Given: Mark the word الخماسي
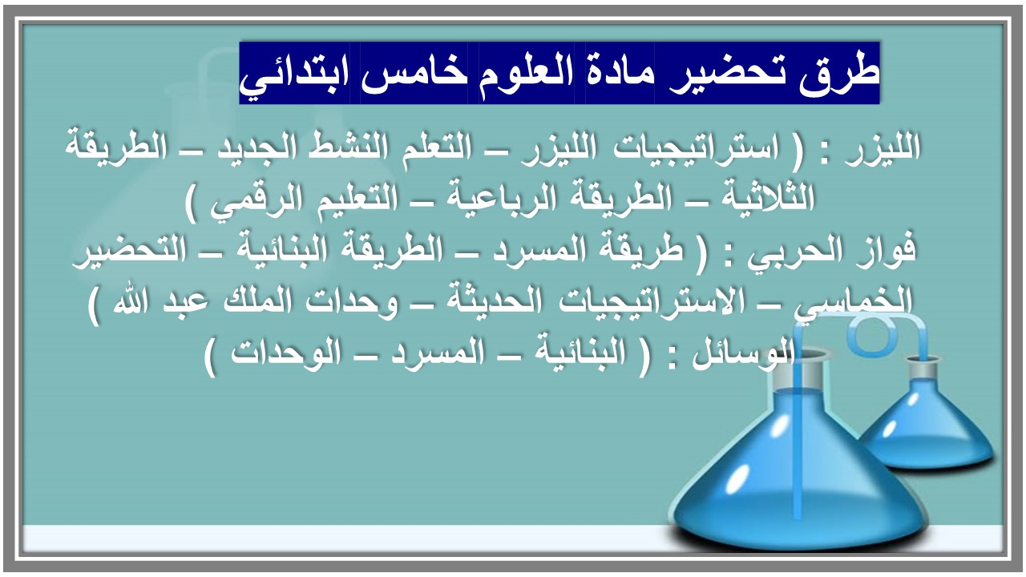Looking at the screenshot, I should [x=870, y=303].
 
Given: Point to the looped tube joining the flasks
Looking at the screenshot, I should [x=870, y=337].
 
